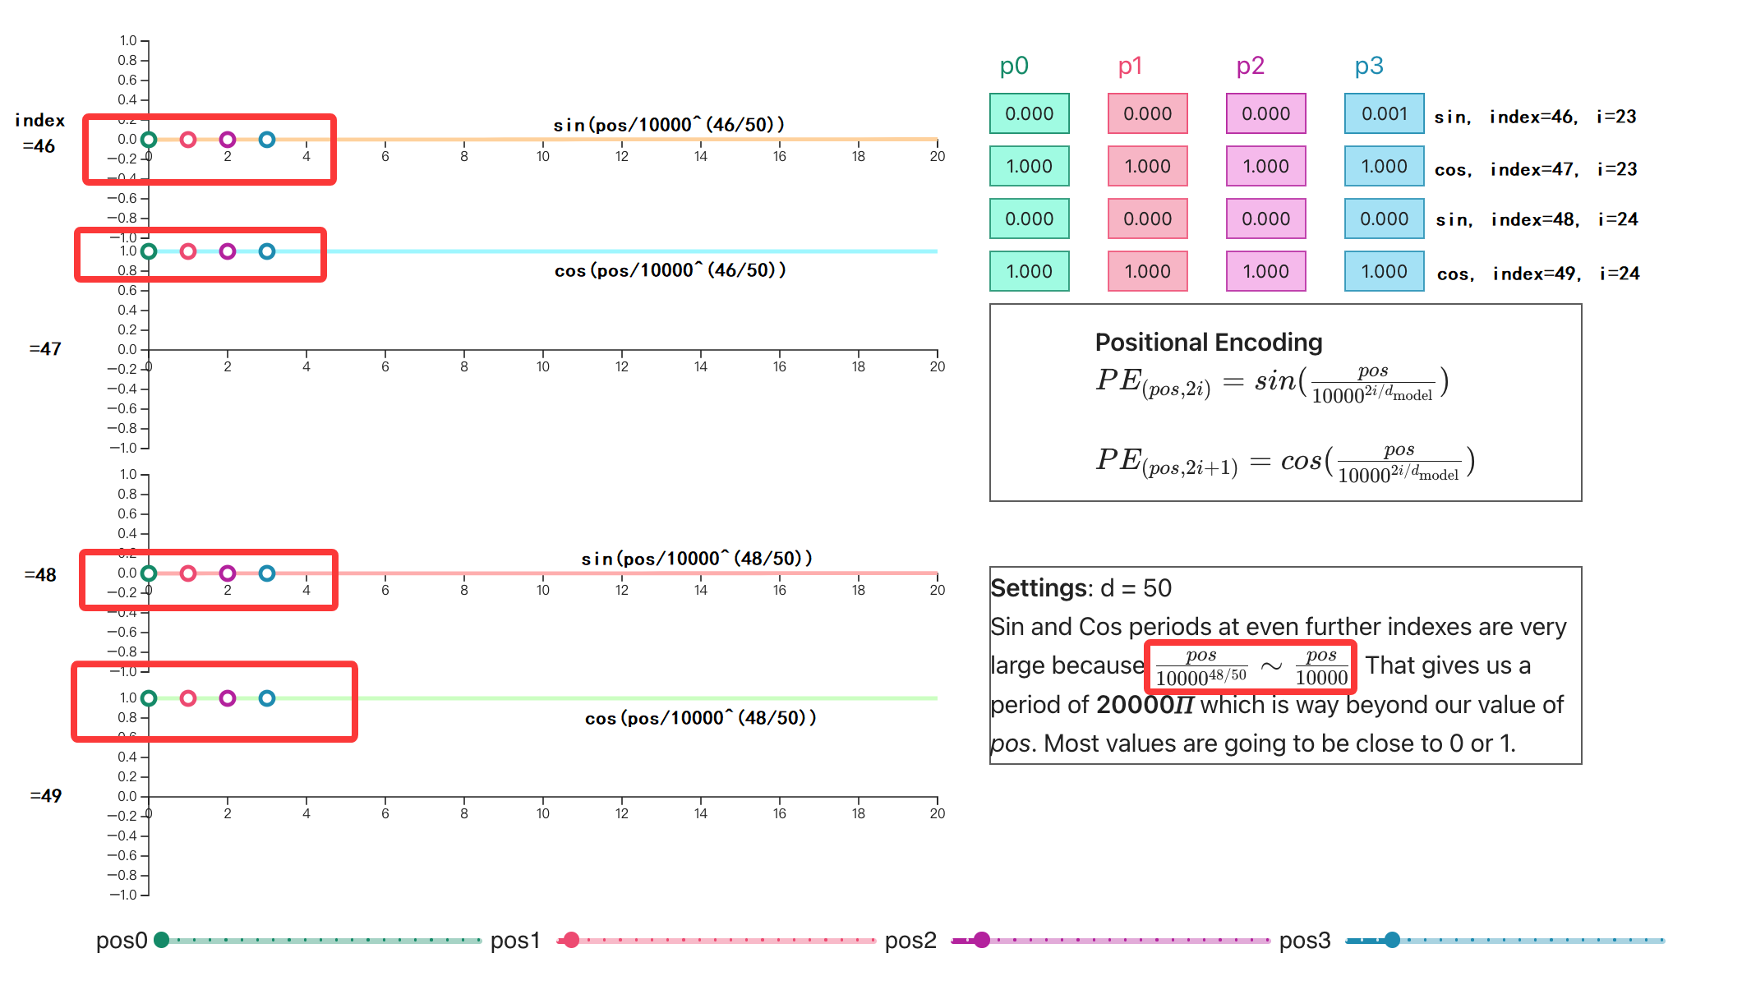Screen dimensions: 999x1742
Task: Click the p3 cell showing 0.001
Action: click(1384, 113)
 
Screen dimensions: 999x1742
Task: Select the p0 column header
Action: click(1014, 66)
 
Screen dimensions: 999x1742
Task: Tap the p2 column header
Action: click(1250, 66)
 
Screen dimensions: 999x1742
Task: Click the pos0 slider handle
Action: click(162, 940)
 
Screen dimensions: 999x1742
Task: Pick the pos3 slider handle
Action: click(1392, 940)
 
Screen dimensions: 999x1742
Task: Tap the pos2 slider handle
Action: click(982, 940)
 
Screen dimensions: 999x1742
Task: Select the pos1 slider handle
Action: click(572, 940)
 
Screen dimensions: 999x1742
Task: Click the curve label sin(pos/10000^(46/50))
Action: click(669, 125)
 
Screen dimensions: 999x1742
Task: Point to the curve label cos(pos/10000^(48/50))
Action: click(700, 718)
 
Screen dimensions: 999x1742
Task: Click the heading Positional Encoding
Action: click(1209, 342)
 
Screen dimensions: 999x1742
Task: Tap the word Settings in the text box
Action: click(1039, 588)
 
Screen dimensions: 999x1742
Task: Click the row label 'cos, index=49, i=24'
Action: click(1537, 274)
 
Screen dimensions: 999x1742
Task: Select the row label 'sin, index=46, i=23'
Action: click(1535, 117)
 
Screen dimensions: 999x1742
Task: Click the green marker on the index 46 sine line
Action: click(149, 140)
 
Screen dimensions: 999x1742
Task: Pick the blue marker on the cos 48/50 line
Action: click(267, 698)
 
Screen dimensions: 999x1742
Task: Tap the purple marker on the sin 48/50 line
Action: click(228, 573)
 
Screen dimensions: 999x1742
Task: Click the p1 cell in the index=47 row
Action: click(1147, 166)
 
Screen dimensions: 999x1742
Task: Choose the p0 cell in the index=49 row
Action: click(1029, 271)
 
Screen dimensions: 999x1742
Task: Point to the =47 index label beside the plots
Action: click(45, 349)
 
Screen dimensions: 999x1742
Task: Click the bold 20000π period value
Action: click(1145, 705)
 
